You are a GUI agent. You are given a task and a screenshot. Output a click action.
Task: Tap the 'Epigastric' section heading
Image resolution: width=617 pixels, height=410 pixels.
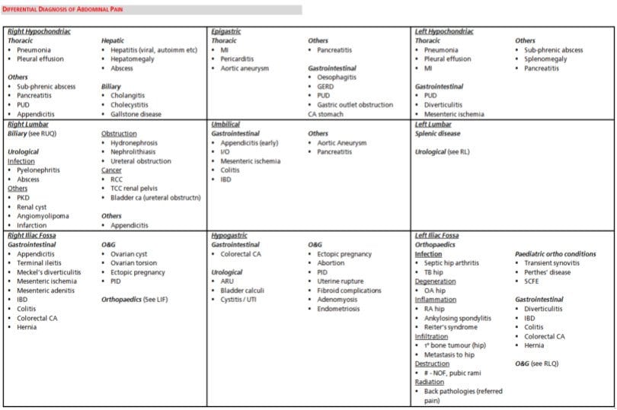[225, 31]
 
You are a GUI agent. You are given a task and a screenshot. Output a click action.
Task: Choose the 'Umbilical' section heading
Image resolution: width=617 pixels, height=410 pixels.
[225, 124]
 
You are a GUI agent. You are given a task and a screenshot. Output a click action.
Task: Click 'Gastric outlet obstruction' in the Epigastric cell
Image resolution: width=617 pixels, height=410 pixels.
[355, 105]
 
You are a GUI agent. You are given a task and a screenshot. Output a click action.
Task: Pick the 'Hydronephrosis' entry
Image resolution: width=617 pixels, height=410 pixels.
[137, 142]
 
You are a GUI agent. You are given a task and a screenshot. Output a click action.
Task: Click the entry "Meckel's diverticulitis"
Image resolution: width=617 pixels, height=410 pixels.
[49, 272]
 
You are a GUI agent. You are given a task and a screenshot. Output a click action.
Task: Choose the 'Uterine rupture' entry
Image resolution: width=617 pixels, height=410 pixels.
[343, 281]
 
